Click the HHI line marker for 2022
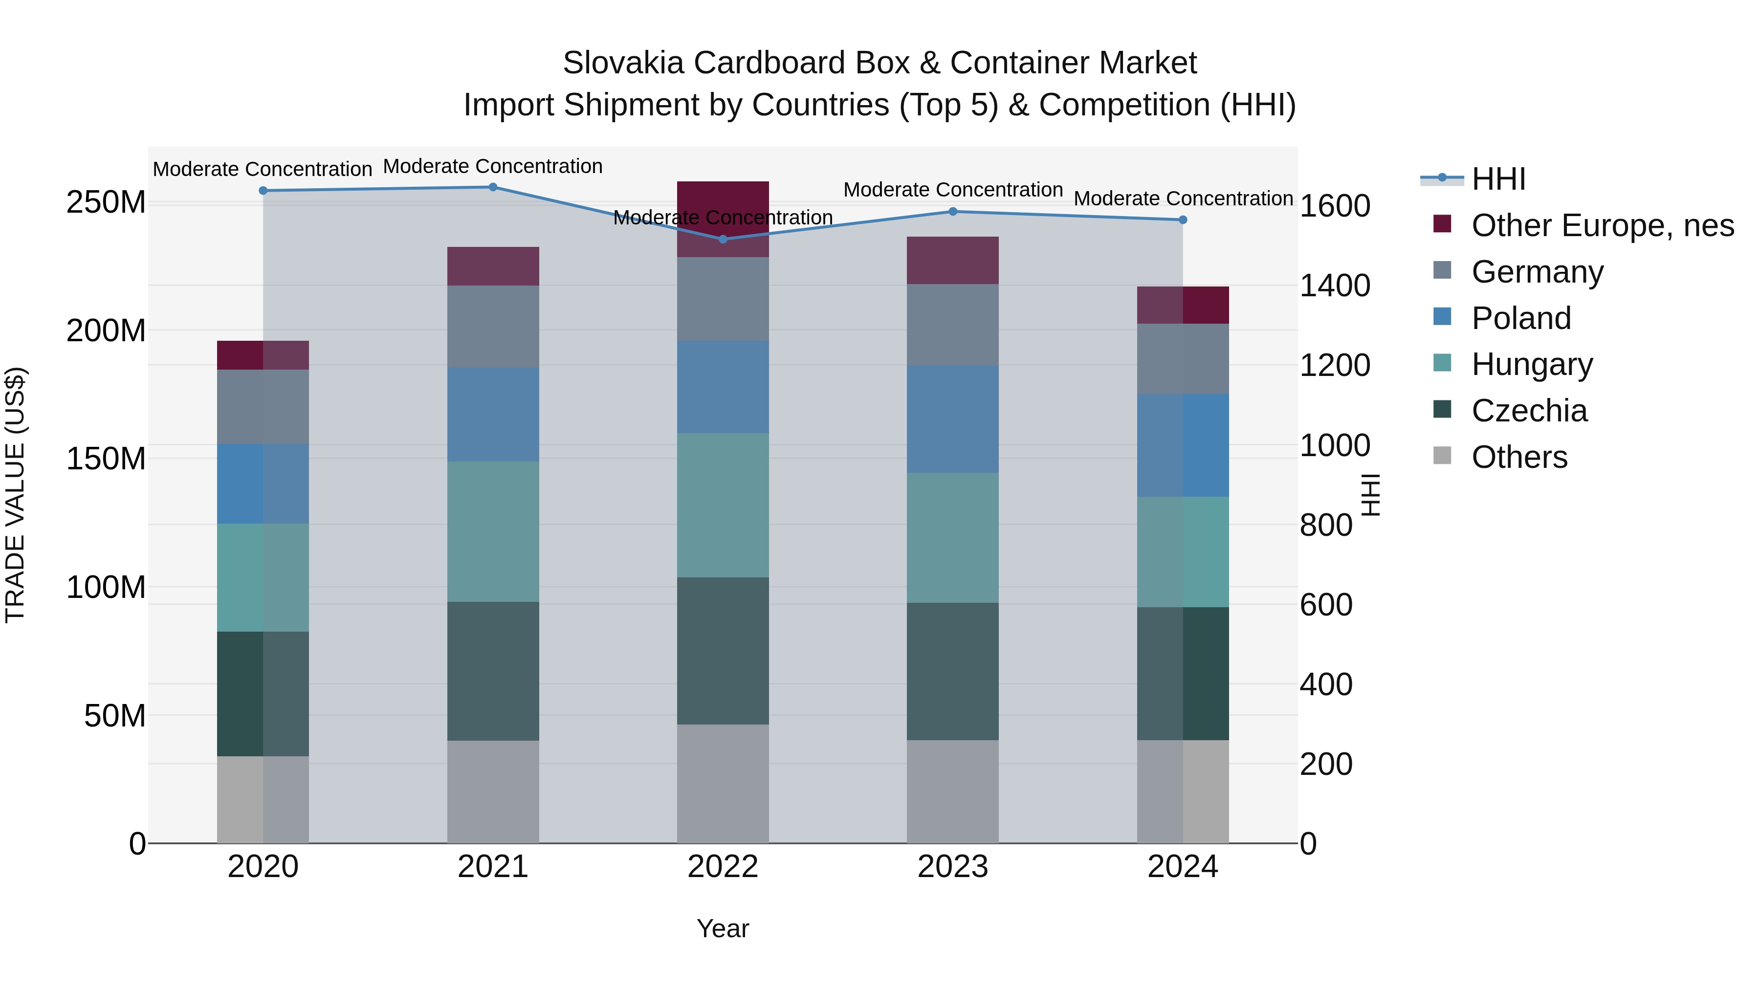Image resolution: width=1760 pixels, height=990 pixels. (723, 239)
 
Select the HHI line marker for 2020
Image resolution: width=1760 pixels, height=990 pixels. (263, 191)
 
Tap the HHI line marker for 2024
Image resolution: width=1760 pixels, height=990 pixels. (1183, 220)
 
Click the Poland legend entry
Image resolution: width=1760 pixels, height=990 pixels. (1521, 318)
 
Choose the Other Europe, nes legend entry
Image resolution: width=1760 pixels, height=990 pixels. (1602, 225)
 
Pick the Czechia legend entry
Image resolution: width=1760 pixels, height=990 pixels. (1529, 411)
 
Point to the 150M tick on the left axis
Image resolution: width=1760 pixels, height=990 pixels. (106, 459)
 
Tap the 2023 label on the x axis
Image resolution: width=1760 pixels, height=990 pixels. (952, 867)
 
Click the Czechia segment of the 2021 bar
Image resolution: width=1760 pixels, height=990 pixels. (493, 671)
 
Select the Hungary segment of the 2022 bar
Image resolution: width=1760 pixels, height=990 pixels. (723, 505)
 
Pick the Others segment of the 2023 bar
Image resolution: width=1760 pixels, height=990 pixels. (952, 791)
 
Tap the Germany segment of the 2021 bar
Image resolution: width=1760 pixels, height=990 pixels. (493, 327)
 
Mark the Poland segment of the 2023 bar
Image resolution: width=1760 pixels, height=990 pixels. (952, 419)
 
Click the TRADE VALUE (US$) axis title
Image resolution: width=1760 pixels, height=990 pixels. (15, 495)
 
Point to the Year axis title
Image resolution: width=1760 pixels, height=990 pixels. (723, 928)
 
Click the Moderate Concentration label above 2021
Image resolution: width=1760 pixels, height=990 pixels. (493, 166)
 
